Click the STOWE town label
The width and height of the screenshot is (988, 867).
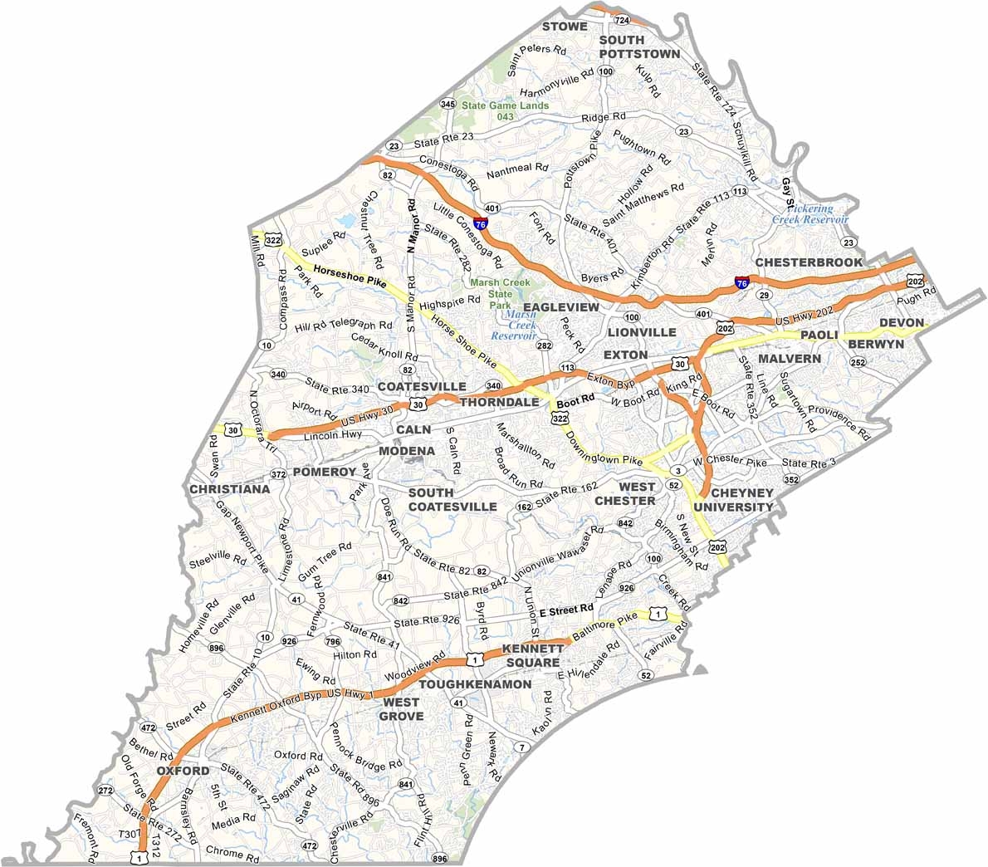click(x=565, y=27)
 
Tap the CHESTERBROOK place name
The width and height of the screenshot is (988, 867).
click(x=809, y=262)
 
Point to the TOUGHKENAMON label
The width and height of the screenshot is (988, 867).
click(x=475, y=684)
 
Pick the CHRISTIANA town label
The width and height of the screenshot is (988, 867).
click(x=230, y=489)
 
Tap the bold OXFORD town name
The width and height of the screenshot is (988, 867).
click(x=183, y=771)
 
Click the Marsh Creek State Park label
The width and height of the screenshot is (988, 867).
click(x=501, y=293)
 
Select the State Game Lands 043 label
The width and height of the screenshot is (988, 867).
click(x=506, y=110)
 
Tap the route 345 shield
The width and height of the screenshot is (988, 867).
click(x=448, y=104)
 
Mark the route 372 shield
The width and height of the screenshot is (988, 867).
click(x=278, y=474)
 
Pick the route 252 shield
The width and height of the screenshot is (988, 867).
click(x=858, y=362)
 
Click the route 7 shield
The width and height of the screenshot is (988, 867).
click(x=521, y=747)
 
